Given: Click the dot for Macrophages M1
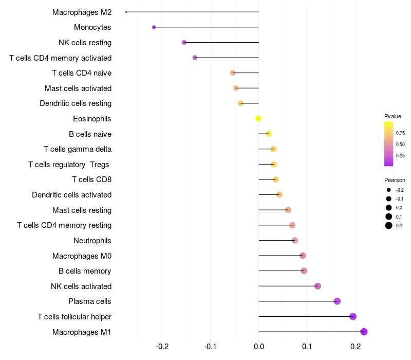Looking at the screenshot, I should [x=364, y=332].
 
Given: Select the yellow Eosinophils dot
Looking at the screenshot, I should [x=258, y=119].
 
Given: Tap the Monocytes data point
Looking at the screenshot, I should [x=154, y=27].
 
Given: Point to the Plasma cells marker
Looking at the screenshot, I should [x=337, y=301].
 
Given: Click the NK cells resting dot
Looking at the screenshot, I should [x=184, y=42].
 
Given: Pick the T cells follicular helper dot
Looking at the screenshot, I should [x=353, y=316].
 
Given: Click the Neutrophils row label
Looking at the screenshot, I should [x=92, y=241].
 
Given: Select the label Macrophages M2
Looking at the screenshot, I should [x=82, y=12].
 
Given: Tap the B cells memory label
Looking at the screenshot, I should [x=85, y=271].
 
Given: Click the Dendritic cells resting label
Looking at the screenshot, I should [x=76, y=103].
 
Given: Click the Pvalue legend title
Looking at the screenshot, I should [x=393, y=116].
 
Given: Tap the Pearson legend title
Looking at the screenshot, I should [x=395, y=180].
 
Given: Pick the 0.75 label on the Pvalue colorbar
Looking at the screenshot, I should [x=400, y=133].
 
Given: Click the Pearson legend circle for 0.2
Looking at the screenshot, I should [x=389, y=225].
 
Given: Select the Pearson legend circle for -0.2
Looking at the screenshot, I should [x=389, y=190].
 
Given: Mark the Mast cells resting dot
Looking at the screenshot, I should [x=288, y=210].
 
